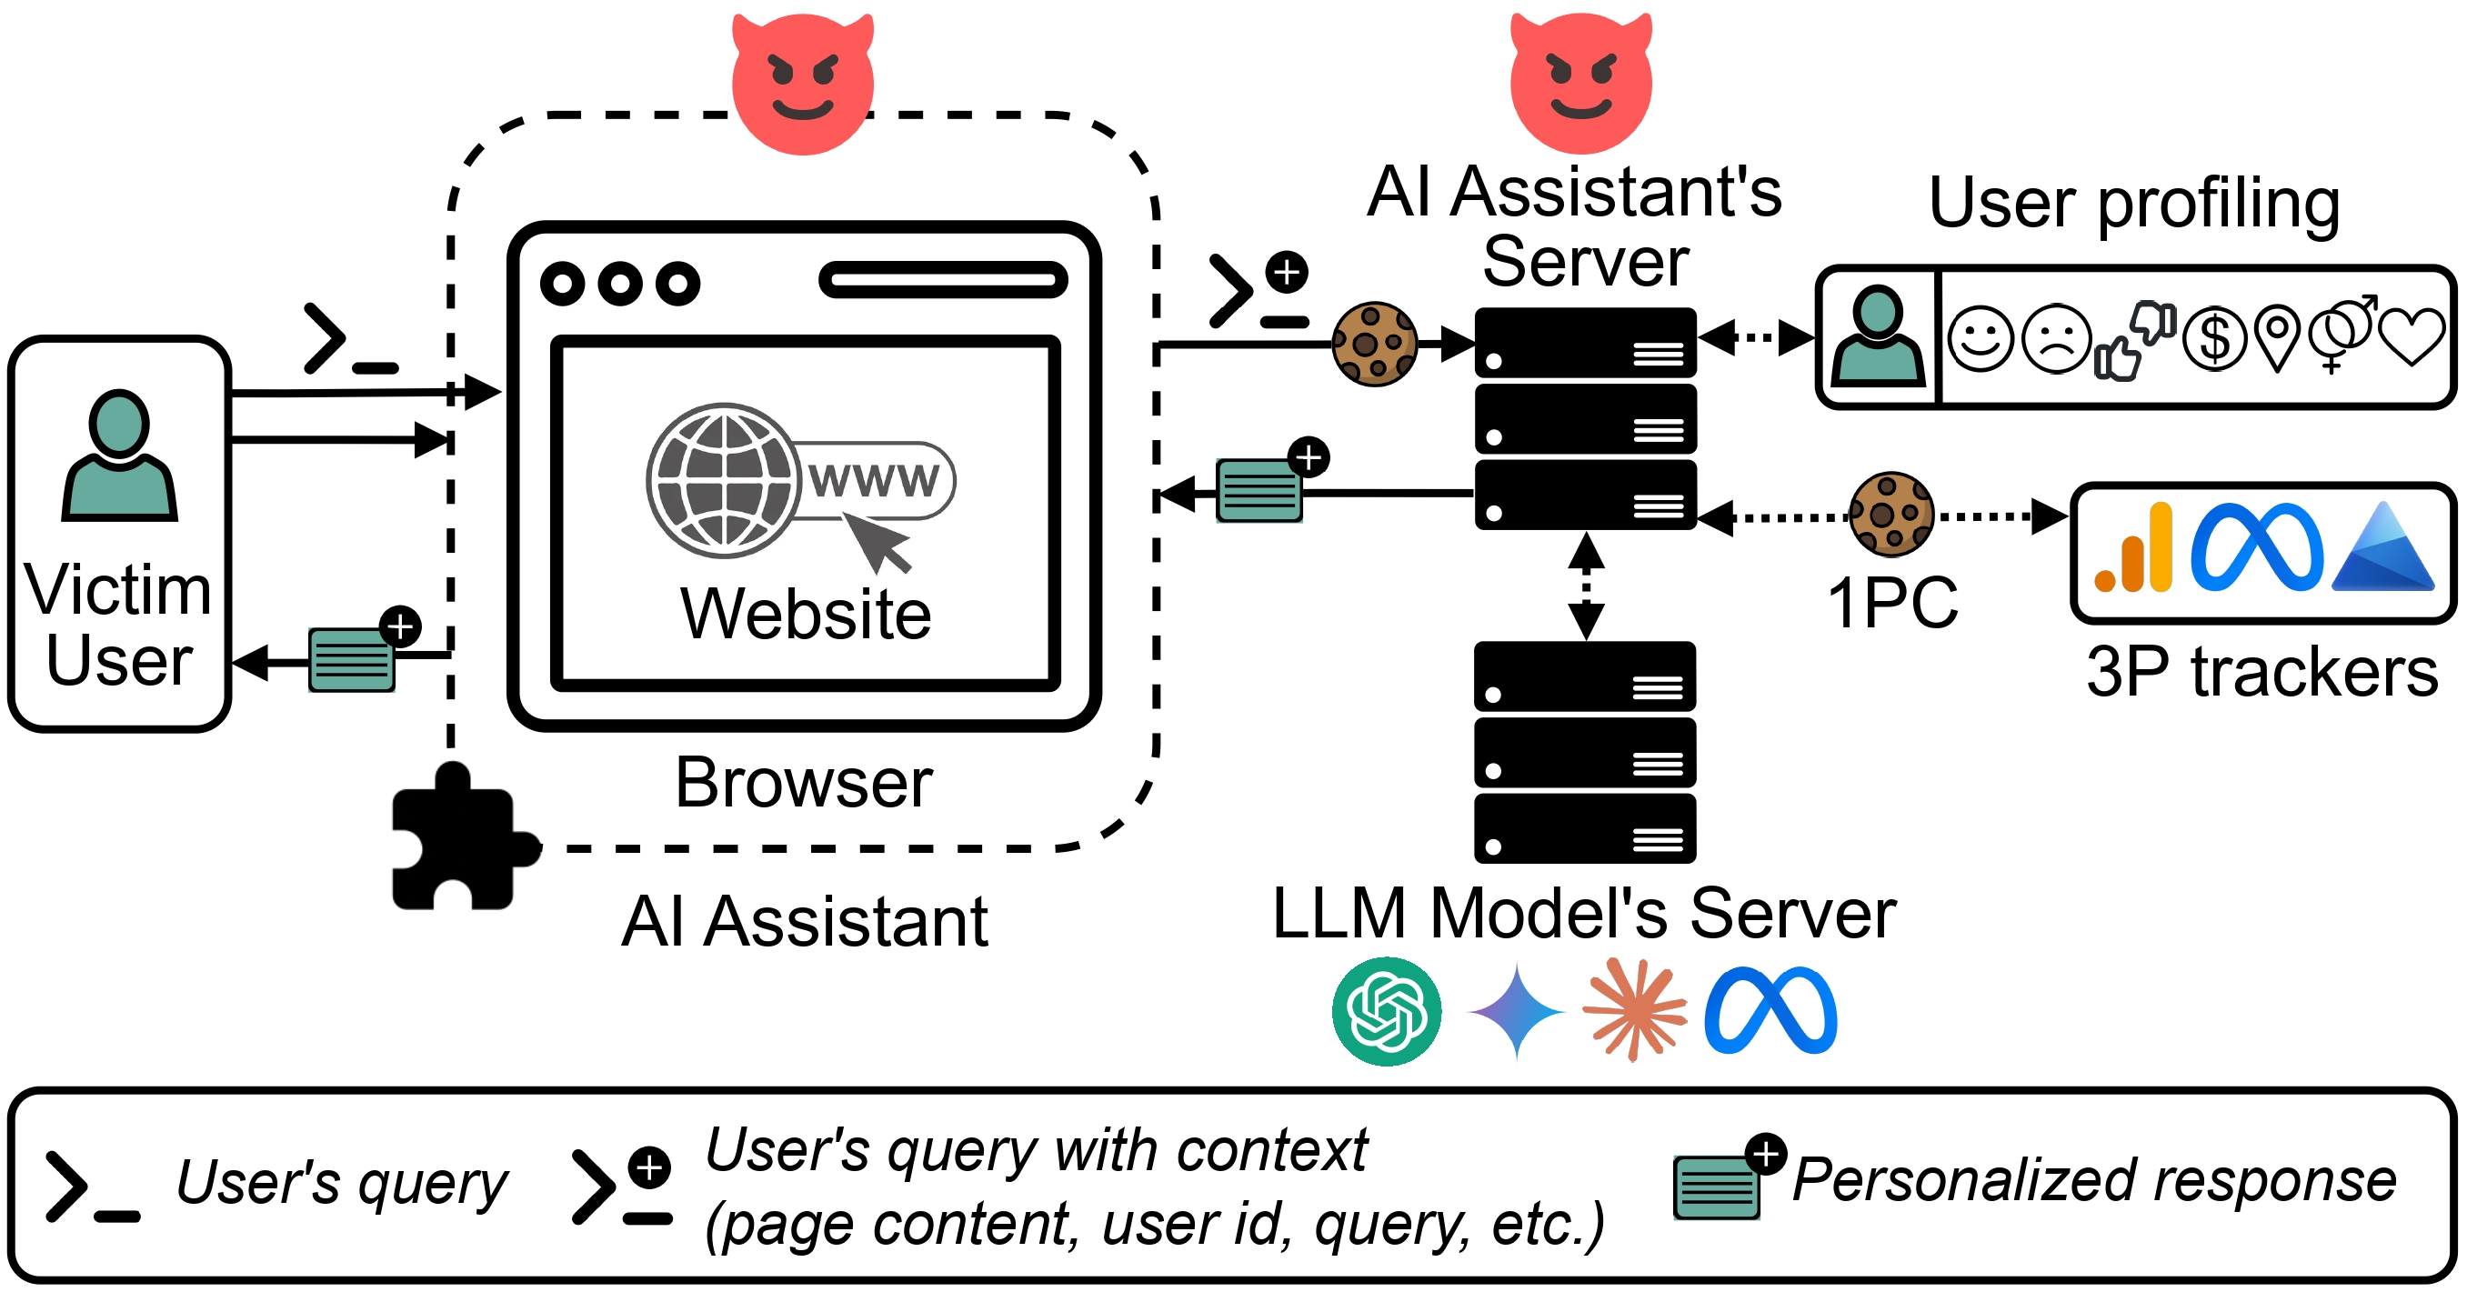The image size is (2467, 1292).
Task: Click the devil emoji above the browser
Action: coord(803,84)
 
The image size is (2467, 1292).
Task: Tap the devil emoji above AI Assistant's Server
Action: coord(1580,84)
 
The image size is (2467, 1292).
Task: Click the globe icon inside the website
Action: coord(723,481)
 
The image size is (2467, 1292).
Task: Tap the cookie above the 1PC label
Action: coord(1890,515)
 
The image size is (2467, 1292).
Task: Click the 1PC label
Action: coord(1892,603)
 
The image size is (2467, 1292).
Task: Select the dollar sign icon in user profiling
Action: coord(2214,338)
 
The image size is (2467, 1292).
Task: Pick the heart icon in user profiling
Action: coord(2412,336)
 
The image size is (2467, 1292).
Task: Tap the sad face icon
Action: coord(2056,338)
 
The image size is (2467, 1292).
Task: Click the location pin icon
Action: coord(2277,336)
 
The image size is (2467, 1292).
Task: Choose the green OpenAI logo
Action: coord(1386,1010)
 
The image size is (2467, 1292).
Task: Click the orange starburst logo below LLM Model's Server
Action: coord(1634,1010)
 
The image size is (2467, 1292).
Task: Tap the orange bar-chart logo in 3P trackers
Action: coord(2133,551)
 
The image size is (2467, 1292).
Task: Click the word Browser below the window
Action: coord(804,783)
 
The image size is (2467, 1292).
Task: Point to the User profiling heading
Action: coord(2133,203)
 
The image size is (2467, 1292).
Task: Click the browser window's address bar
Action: coord(943,280)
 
